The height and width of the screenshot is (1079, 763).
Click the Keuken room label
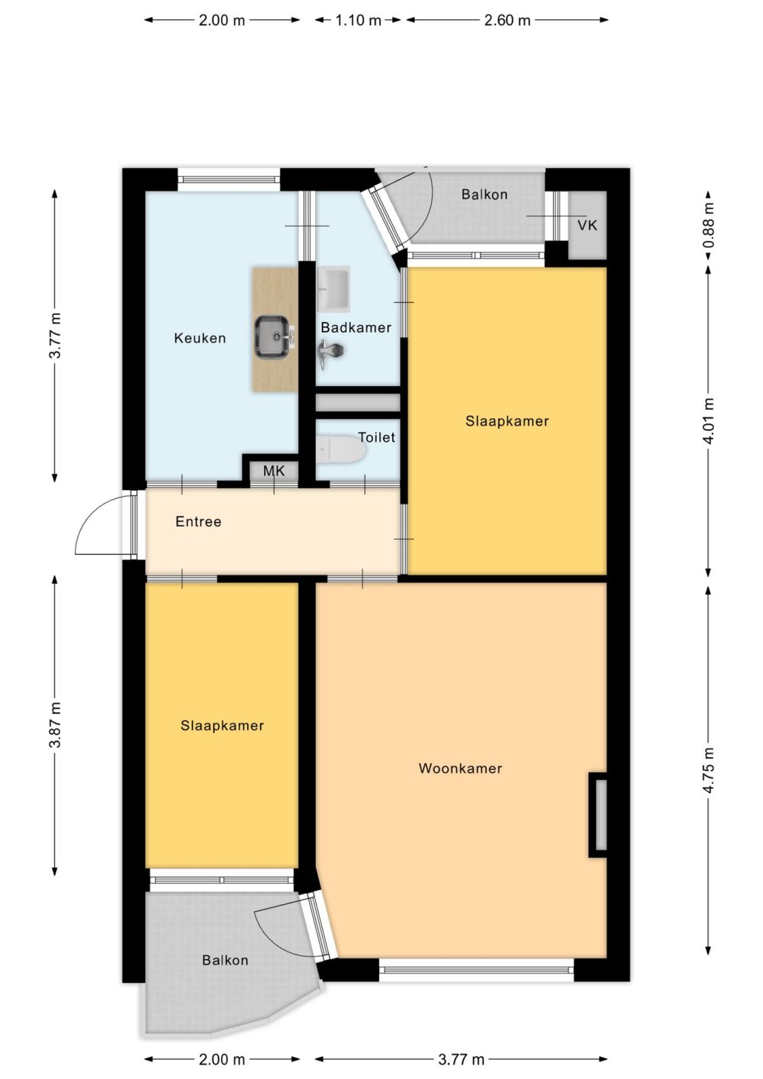click(200, 338)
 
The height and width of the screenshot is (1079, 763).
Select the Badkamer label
click(356, 327)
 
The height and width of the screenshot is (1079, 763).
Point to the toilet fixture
click(342, 450)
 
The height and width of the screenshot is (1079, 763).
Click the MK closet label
click(274, 471)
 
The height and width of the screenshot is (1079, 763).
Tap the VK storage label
click(588, 225)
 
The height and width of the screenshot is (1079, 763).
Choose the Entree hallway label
click(198, 521)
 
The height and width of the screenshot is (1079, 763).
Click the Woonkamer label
click(461, 768)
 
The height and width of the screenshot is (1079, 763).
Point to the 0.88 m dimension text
click(708, 226)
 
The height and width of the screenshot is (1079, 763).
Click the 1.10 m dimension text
click(359, 21)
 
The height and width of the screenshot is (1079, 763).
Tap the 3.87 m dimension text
click(55, 724)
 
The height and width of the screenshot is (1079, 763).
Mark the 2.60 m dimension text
click(507, 21)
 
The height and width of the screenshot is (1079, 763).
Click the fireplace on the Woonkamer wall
click(597, 815)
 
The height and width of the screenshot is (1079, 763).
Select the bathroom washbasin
click(334, 288)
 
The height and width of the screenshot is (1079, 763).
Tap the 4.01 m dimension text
click(708, 420)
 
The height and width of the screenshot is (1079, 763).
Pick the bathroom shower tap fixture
click(331, 353)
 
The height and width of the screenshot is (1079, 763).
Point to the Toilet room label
click(376, 437)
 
